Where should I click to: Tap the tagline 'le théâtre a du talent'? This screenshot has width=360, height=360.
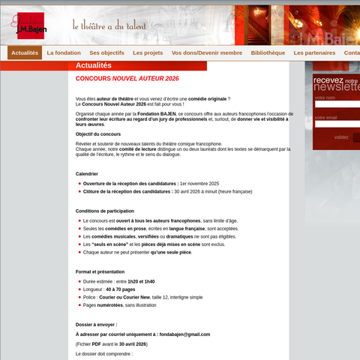[x=109, y=25]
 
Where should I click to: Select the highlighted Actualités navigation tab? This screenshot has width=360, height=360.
[x=25, y=53]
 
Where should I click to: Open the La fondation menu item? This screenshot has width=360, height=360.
[x=64, y=53]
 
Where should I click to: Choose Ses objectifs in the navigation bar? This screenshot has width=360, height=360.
[x=106, y=53]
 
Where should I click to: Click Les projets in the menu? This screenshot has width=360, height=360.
[x=148, y=53]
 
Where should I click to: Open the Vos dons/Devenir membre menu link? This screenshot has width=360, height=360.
[x=207, y=53]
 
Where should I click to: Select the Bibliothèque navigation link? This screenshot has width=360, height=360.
[x=268, y=53]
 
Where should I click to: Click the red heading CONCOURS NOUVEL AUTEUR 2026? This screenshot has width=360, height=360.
[x=127, y=78]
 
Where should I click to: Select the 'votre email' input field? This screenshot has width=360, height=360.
[x=336, y=124]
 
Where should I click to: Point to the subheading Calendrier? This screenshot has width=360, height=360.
[x=87, y=173]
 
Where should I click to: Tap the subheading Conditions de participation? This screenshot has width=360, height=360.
[x=105, y=211]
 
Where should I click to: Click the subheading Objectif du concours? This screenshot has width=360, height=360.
[x=98, y=133]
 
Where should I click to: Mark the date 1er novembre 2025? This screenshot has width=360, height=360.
[x=199, y=183]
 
